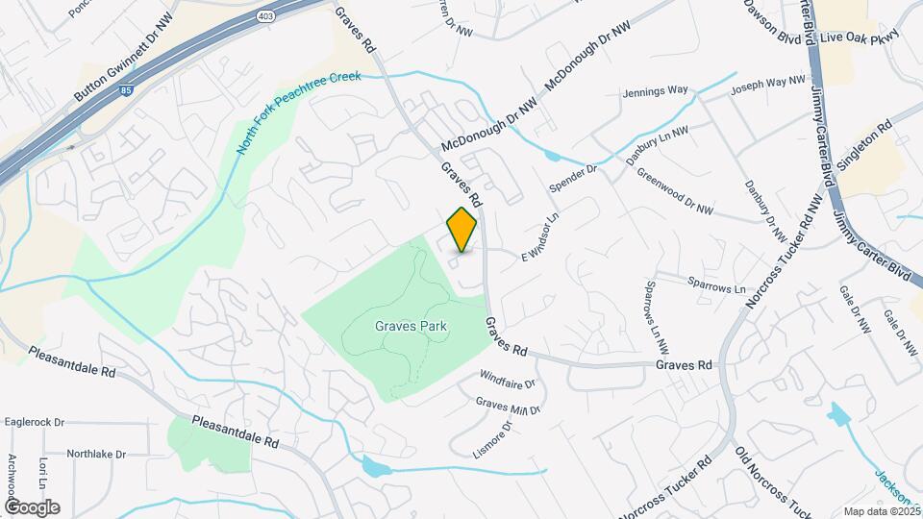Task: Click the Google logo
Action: click(32, 507)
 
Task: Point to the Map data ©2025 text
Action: click(880, 511)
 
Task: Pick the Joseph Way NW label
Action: click(766, 86)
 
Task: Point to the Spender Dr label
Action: click(573, 175)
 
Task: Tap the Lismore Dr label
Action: click(492, 437)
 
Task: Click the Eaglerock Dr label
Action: click(34, 422)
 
